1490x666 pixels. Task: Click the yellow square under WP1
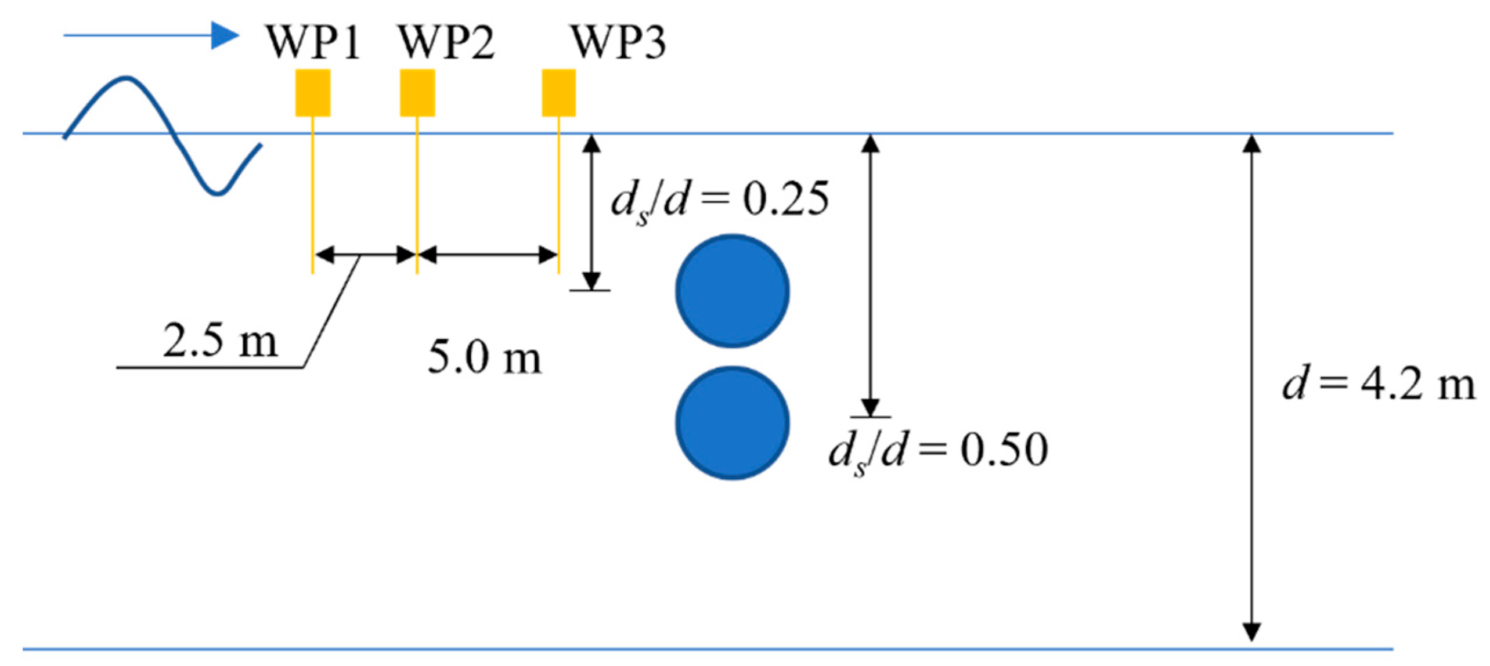click(313, 93)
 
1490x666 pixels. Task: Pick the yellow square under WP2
click(417, 93)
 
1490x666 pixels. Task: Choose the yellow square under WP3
click(558, 93)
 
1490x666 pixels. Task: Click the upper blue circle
click(732, 291)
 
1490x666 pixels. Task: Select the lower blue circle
click(732, 422)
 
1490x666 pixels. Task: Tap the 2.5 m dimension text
click(220, 341)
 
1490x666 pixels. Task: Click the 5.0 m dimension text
click(484, 356)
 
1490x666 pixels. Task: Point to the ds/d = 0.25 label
click(720, 200)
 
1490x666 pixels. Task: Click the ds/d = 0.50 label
click(938, 450)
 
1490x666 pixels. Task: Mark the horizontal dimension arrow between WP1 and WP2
click(365, 255)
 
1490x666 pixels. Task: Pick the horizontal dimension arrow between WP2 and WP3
click(488, 255)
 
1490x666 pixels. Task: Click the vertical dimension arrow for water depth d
click(1251, 389)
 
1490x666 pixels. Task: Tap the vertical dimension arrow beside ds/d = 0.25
click(591, 212)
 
